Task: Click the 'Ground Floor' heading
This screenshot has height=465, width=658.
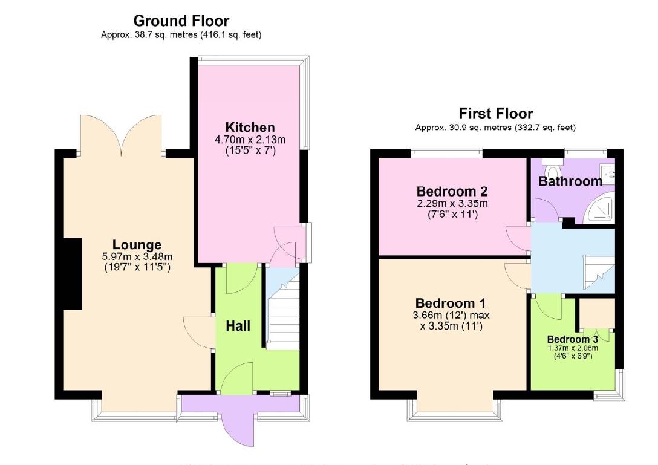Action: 181,22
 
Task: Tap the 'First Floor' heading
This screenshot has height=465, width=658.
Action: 495,113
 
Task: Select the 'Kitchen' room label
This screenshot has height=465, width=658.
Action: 250,128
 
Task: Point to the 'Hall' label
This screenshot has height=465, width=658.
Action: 238,326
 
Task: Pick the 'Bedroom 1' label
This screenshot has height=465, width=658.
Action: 450,304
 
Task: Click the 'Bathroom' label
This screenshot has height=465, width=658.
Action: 570,181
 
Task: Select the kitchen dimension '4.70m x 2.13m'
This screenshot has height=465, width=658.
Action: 250,140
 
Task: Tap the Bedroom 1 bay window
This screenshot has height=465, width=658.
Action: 455,411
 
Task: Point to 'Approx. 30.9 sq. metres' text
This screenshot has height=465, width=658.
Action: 461,128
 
